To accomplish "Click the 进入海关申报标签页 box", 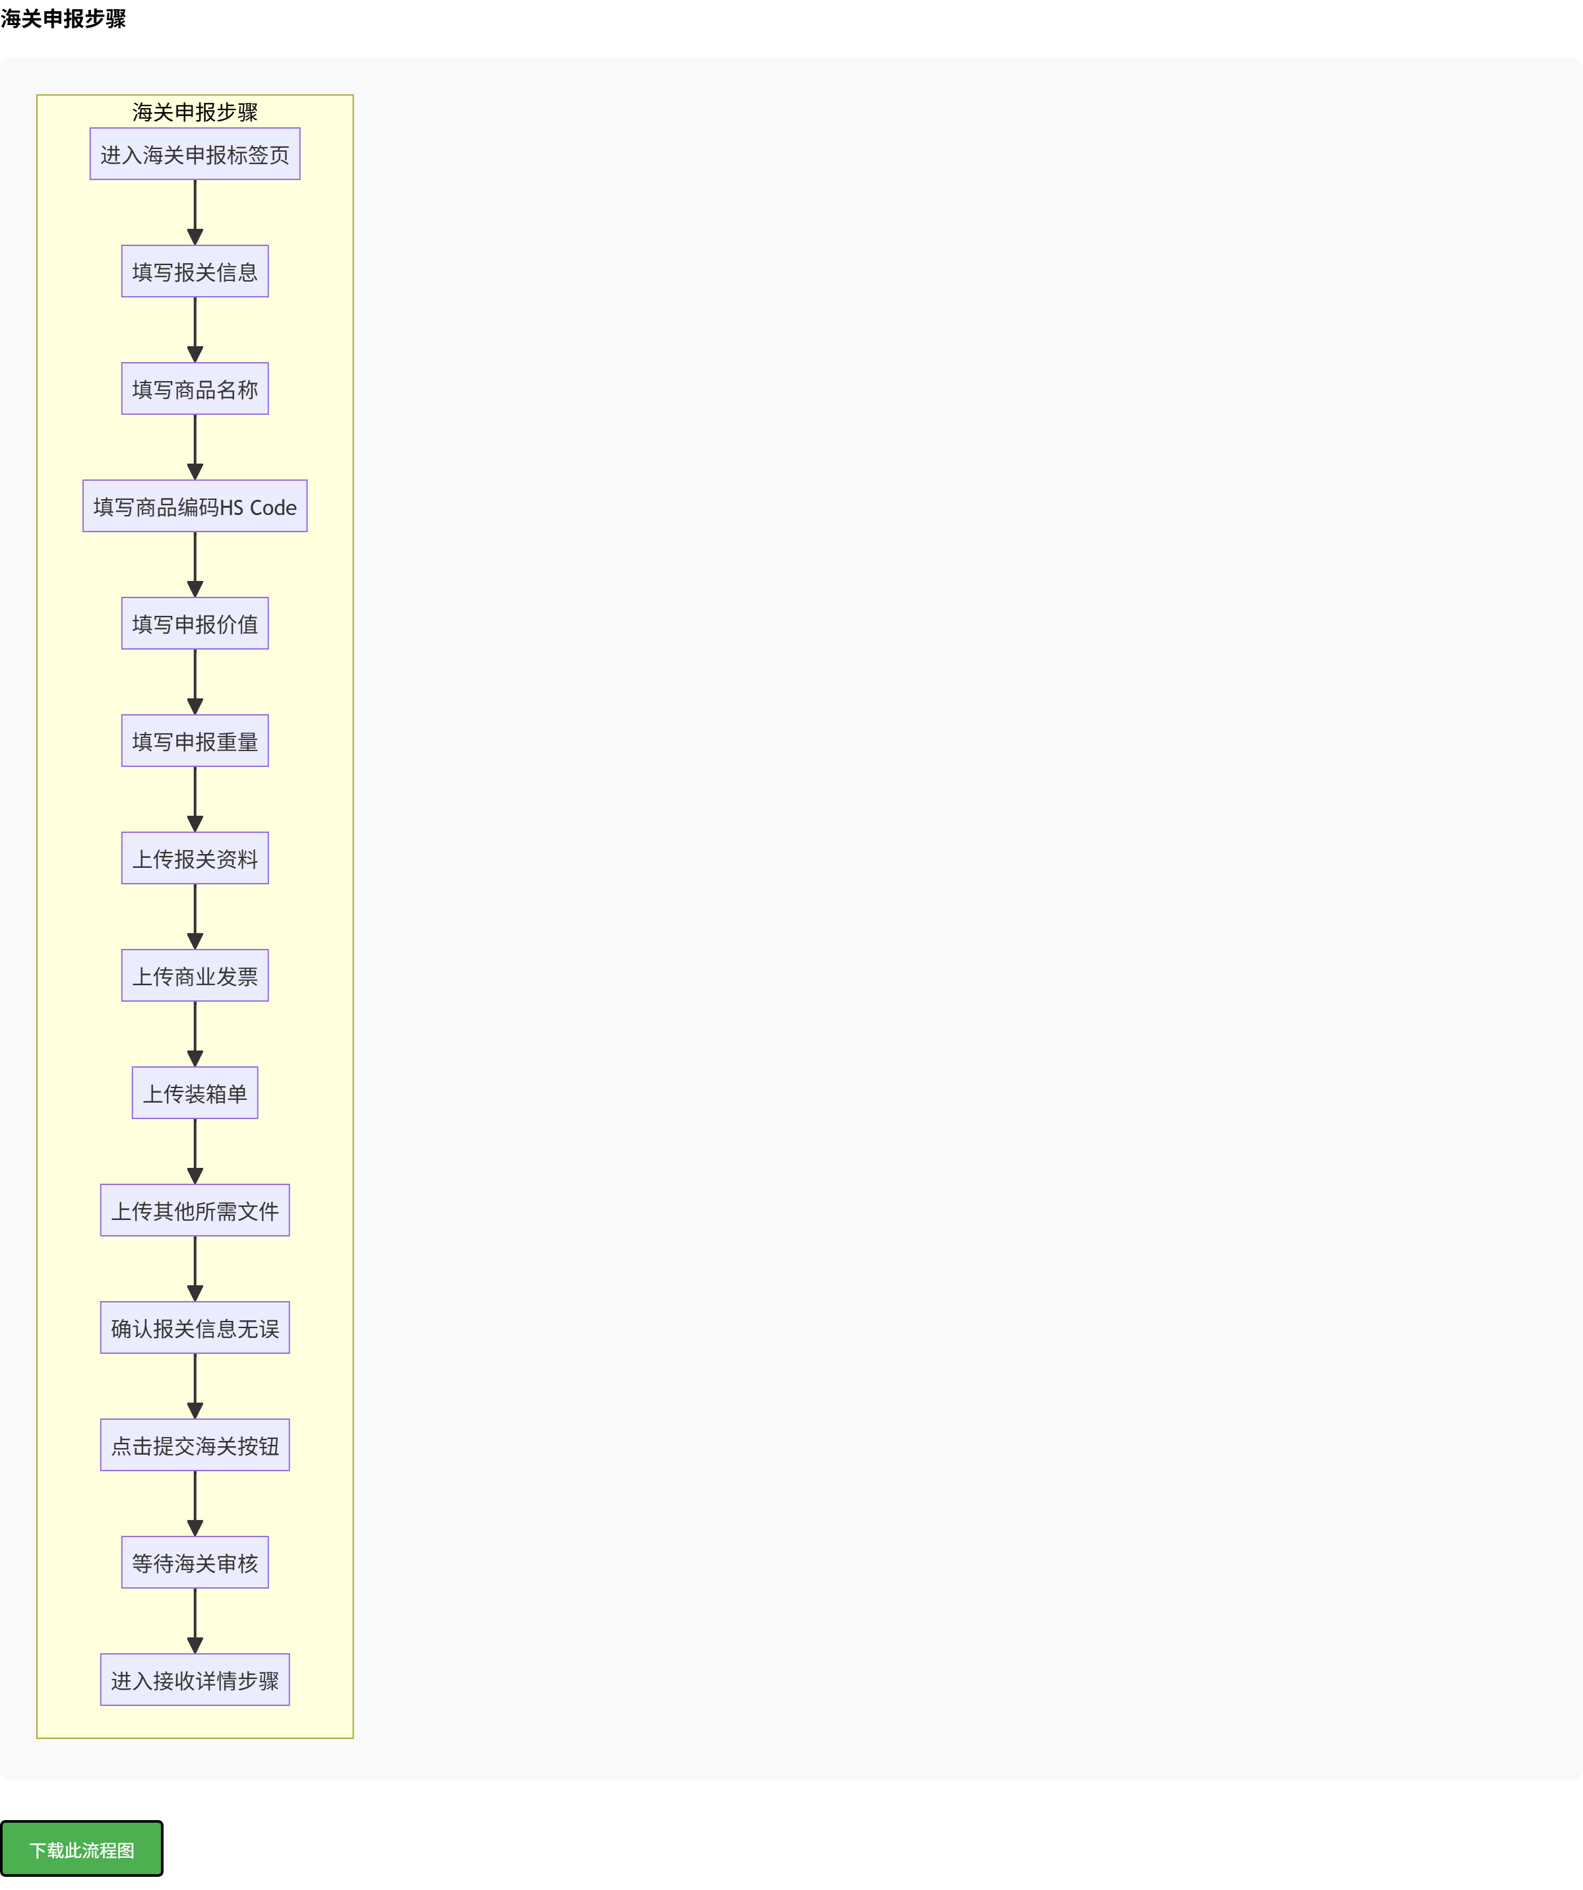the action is pyautogui.click(x=195, y=154).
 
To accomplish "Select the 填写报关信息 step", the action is pyautogui.click(x=195, y=271).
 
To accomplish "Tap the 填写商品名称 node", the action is pyautogui.click(x=195, y=389).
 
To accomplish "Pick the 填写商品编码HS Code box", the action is pyautogui.click(x=195, y=506).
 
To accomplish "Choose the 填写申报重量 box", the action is pyautogui.click(x=195, y=741).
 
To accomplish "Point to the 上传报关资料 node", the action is pyautogui.click(x=195, y=859).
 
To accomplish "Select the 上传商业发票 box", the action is pyautogui.click(x=195, y=975).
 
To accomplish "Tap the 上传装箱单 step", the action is pyautogui.click(x=195, y=1093).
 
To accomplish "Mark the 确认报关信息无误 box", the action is pyautogui.click(x=195, y=1327).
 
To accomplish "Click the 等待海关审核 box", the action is pyautogui.click(x=195, y=1562).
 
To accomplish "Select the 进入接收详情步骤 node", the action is pyautogui.click(x=195, y=1680).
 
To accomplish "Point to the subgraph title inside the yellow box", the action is pyautogui.click(x=195, y=111).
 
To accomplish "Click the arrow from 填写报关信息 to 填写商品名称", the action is pyautogui.click(x=195, y=330).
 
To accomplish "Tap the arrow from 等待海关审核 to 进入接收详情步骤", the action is pyautogui.click(x=195, y=1621).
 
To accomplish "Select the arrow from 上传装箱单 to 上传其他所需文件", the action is pyautogui.click(x=195, y=1152).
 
